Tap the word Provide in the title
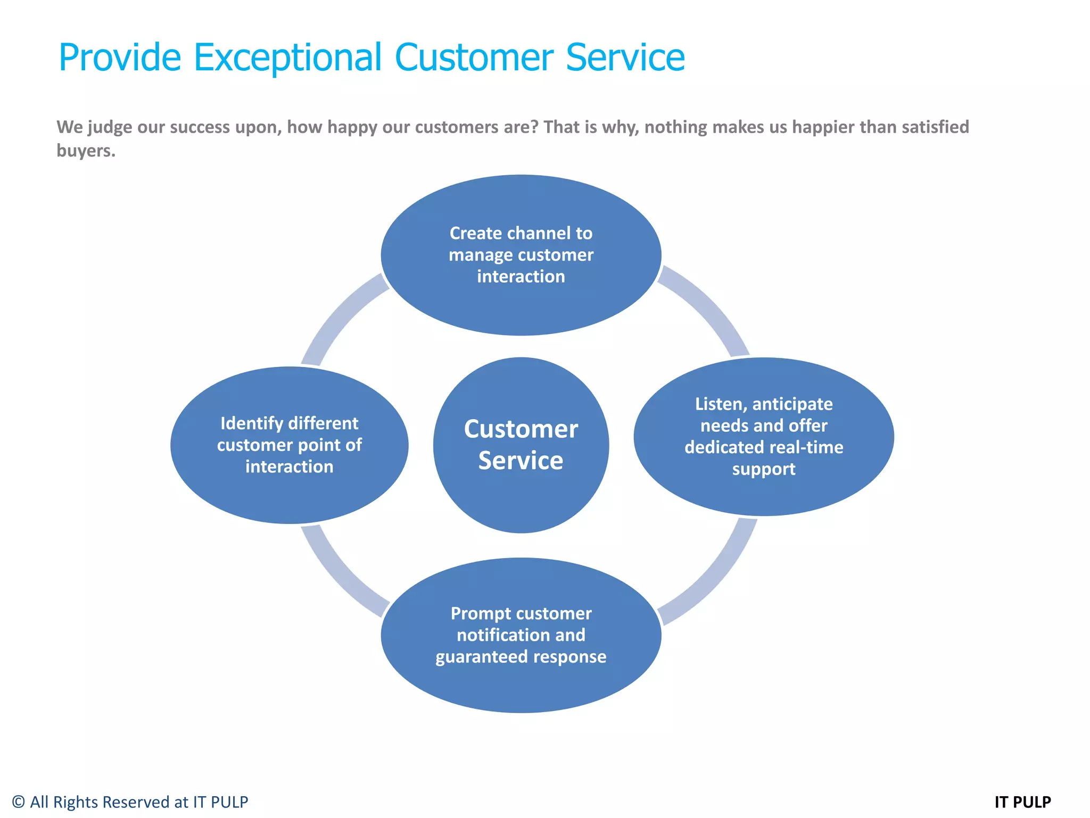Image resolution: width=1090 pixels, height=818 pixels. (120, 57)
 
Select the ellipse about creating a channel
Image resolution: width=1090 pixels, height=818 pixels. (521, 309)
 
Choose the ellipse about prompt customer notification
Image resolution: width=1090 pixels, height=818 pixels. (521, 687)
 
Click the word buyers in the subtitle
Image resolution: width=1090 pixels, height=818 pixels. (85, 151)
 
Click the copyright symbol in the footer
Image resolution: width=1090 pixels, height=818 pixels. (19, 802)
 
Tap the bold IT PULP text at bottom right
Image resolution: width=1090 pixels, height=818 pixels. (1022, 802)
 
